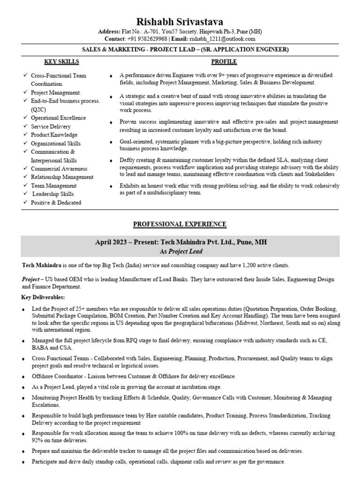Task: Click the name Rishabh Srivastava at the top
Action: [x=180, y=22]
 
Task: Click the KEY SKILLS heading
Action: [x=61, y=62]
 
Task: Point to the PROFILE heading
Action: [x=224, y=62]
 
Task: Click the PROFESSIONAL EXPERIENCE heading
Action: [x=180, y=225]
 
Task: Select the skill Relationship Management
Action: [x=62, y=177]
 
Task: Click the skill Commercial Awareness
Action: [x=59, y=169]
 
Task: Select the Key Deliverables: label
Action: [x=43, y=297]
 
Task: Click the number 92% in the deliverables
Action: [x=38, y=441]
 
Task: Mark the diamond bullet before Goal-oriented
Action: [x=111, y=142]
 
